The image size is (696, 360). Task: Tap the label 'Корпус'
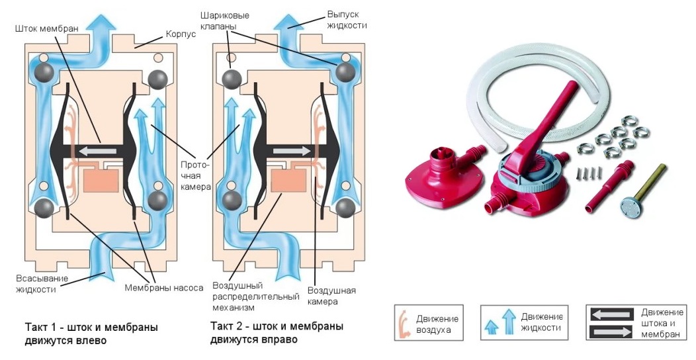(x=179, y=32)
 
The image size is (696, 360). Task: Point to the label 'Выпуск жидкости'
(x=346, y=19)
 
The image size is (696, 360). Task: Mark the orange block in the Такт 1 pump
(x=101, y=181)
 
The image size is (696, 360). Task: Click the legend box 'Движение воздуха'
(x=428, y=322)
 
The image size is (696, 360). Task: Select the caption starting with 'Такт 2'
(x=277, y=334)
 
